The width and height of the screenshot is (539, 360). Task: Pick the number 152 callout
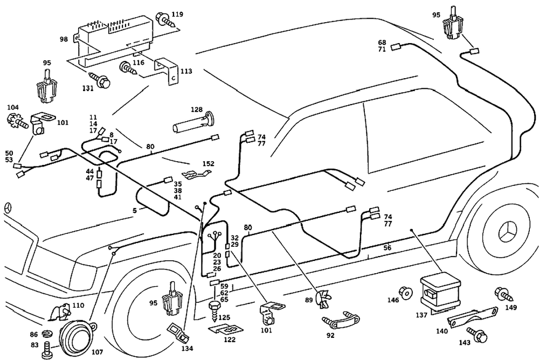point(208,164)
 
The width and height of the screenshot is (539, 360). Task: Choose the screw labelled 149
point(501,295)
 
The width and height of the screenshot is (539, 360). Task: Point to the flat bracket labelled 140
point(472,318)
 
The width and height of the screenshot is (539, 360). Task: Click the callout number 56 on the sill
point(387,247)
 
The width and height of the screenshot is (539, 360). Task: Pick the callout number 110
point(78,306)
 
